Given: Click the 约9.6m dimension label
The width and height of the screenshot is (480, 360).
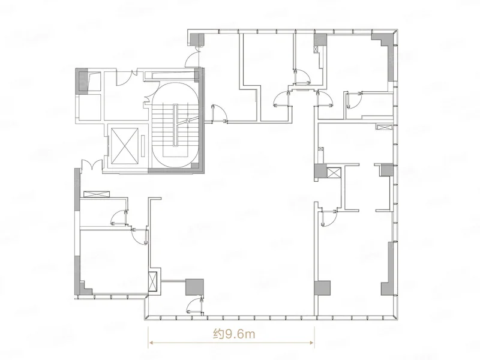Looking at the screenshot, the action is click(234, 334).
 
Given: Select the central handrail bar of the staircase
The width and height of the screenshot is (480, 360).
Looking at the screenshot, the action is click(175, 125).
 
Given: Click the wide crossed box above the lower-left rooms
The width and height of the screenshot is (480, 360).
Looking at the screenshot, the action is click(97, 194).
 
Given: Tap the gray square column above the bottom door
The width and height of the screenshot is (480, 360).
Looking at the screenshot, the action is click(194, 287).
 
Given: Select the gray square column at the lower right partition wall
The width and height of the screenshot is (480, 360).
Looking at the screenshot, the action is click(322, 288).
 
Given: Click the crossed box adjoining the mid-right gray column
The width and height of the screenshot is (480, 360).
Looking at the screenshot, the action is click(334, 172).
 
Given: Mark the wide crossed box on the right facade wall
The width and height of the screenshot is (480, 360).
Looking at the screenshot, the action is click(385, 127).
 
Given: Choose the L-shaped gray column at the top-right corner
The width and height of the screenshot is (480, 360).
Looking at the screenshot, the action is click(386, 52).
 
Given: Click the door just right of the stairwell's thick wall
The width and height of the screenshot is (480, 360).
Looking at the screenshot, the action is click(219, 113).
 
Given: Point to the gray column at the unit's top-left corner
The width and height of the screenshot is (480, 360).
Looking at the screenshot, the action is click(197, 39).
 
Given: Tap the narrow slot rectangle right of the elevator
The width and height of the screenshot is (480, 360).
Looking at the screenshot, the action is click(144, 143).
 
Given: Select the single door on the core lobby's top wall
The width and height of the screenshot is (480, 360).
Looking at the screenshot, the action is click(124, 78).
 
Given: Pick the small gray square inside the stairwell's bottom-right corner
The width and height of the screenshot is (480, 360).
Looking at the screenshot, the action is click(194, 166).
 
